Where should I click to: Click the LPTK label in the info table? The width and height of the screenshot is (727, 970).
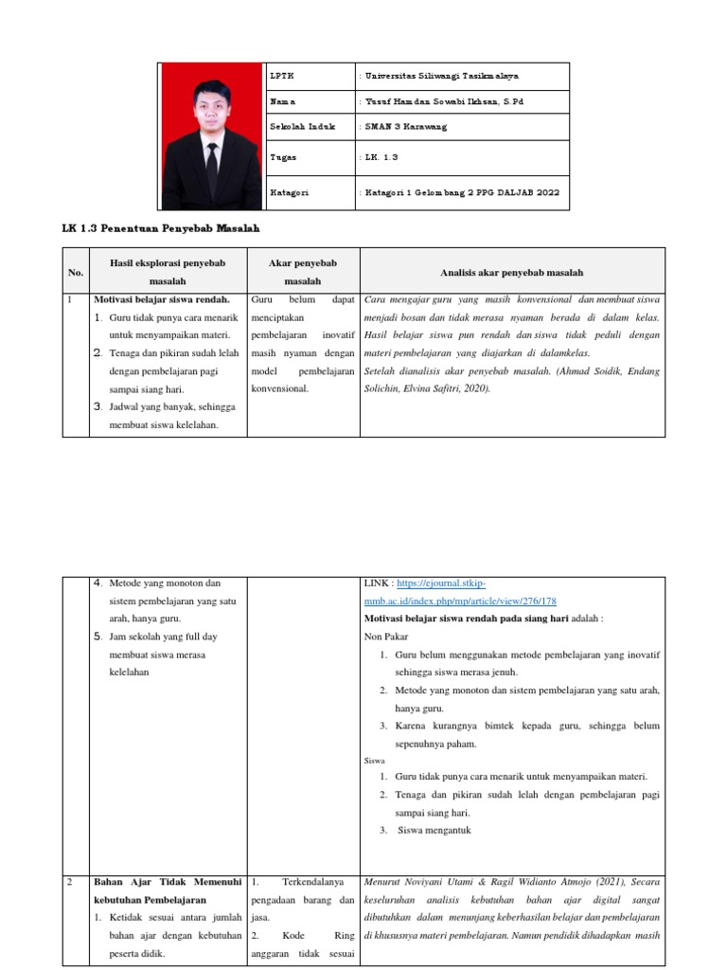282,76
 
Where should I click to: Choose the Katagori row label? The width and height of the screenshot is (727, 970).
289,192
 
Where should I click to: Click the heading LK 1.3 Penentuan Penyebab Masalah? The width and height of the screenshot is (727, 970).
161,228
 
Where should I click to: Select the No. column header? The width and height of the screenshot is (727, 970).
76,273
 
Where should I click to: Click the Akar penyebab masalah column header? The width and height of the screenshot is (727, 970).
302,273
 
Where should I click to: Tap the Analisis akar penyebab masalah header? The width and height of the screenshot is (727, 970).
512,273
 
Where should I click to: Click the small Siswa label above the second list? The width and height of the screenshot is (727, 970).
375,761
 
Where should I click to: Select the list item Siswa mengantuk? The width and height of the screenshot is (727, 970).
427,831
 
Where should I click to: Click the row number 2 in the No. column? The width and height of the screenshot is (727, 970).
69,882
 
